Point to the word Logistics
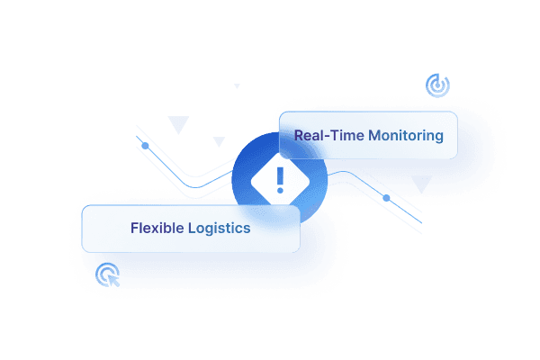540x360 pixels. point(218,228)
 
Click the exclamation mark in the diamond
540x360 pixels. point(280,179)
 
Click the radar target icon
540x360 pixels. point(437,86)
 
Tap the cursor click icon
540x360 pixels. point(109,273)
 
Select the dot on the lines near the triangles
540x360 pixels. point(145,146)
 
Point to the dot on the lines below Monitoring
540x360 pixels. point(386,197)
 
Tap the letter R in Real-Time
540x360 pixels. point(299,136)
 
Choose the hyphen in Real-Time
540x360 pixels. point(326,137)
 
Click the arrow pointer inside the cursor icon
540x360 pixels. point(113,277)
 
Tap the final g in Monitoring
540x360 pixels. point(438,138)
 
